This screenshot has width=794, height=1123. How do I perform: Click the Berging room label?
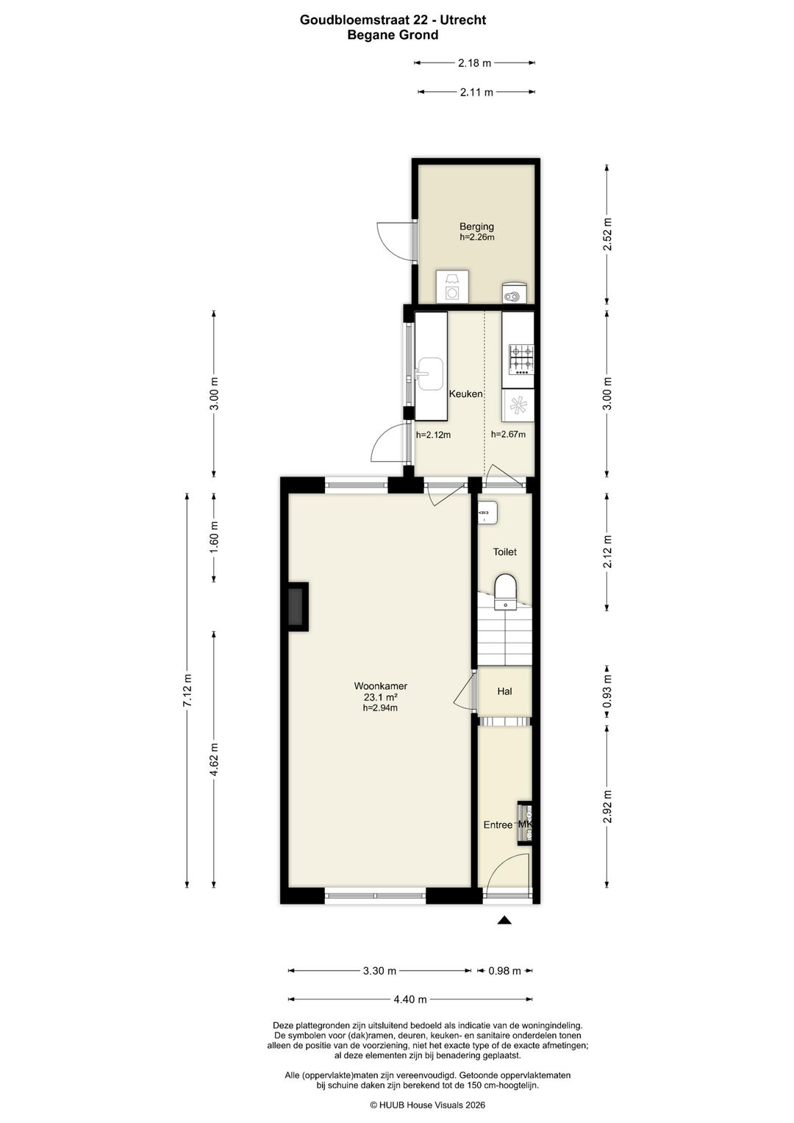click(x=476, y=227)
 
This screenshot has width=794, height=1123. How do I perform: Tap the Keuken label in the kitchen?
click(x=465, y=394)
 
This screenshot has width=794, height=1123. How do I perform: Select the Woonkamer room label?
click(x=381, y=686)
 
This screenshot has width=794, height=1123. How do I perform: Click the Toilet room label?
click(x=504, y=552)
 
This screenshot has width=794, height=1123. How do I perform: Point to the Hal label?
click(x=504, y=691)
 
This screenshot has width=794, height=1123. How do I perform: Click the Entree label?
click(x=498, y=824)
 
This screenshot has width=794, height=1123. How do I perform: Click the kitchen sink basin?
click(x=429, y=374)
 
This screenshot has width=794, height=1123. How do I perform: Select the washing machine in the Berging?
click(x=452, y=286)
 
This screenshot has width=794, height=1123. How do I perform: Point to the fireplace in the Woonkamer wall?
click(x=297, y=607)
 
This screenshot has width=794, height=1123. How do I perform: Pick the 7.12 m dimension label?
click(x=187, y=691)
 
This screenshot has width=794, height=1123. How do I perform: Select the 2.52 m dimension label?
click(x=607, y=234)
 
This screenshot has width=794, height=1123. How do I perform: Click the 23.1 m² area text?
click(x=381, y=697)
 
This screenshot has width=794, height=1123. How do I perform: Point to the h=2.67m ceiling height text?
click(x=508, y=434)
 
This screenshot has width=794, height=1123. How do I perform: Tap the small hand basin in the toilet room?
click(x=487, y=513)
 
